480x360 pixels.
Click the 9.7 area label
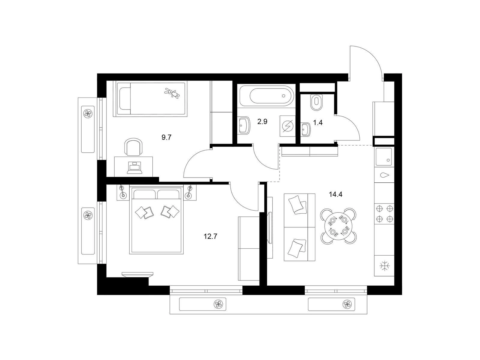pyautogui.click(x=166, y=137)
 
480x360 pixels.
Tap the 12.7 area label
pyautogui.click(x=210, y=236)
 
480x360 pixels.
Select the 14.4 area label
pyautogui.click(x=336, y=194)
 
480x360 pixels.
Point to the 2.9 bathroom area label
pyautogui.click(x=262, y=121)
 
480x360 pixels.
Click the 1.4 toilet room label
pyautogui.click(x=318, y=123)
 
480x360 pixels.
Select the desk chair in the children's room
pyautogui.click(x=133, y=147)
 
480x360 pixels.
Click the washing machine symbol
pyautogui.click(x=287, y=126)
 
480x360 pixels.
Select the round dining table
pyautogui.click(x=338, y=226)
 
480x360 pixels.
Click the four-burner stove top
pyautogui.click(x=384, y=214)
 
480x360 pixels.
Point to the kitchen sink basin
pyautogui.click(x=384, y=157)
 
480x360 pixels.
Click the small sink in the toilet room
pyautogui.click(x=306, y=130)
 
